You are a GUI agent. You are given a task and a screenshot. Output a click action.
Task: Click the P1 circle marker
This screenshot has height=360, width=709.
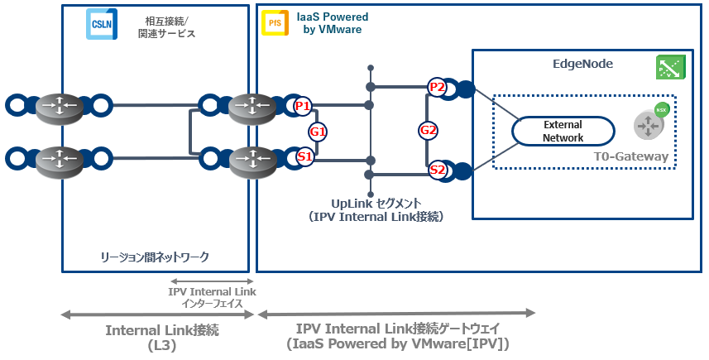click(303, 106)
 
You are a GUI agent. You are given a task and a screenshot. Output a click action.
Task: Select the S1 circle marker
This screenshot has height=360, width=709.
click(304, 156)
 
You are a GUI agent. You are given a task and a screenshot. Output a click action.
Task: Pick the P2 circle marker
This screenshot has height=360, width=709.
click(438, 87)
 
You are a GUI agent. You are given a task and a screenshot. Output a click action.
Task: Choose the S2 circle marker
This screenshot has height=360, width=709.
click(438, 170)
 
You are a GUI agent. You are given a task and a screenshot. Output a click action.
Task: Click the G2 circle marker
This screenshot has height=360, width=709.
click(428, 129)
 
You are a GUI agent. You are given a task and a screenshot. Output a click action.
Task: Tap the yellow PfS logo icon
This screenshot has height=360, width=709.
click(275, 23)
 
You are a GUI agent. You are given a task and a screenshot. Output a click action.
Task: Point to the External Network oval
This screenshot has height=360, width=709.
click(563, 132)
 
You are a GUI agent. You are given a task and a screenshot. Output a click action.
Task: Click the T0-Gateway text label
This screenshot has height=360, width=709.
click(632, 156)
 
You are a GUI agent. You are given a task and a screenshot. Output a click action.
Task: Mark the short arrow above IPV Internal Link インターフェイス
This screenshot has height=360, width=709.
click(212, 282)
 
